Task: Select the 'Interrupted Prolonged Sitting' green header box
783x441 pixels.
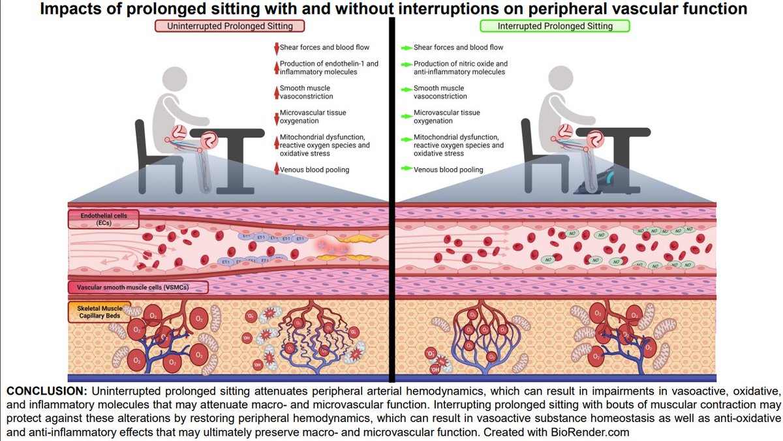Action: tap(555, 26)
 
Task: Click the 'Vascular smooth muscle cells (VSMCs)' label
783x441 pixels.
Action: tap(137, 288)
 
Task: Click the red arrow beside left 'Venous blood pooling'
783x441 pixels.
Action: tap(276, 170)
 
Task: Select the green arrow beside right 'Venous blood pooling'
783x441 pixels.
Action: tap(406, 170)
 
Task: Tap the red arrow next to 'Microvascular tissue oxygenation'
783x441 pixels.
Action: tap(276, 116)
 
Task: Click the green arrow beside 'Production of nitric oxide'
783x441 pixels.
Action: tap(406, 64)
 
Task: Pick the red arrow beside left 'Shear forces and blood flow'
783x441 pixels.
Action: tap(276, 48)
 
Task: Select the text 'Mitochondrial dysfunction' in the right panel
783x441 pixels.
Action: tap(456, 137)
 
